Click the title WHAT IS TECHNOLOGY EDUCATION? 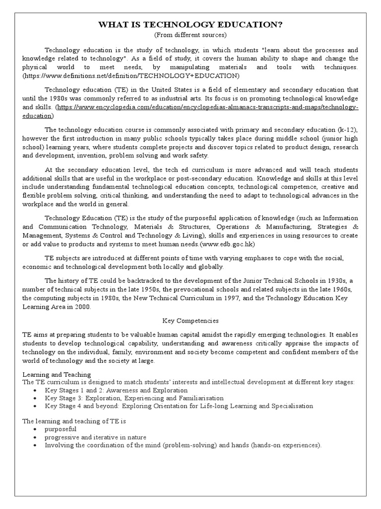[x=190, y=25]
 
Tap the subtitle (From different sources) [x=190, y=35]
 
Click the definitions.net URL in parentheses [x=131, y=76]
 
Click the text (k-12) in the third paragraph [x=347, y=130]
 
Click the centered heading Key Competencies [x=190, y=321]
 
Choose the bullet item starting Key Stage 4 [x=179, y=406]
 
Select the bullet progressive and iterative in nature [x=95, y=437]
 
